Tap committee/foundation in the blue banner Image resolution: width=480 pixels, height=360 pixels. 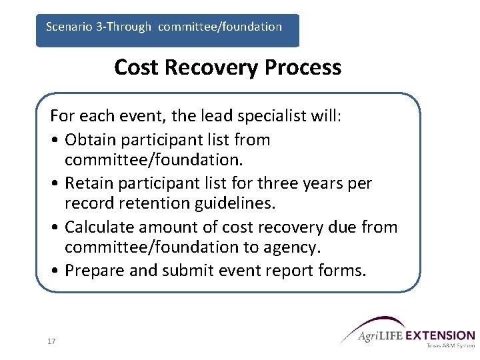[220, 27]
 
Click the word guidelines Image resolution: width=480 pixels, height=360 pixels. [237, 203]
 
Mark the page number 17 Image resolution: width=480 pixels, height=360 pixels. [51, 341]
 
